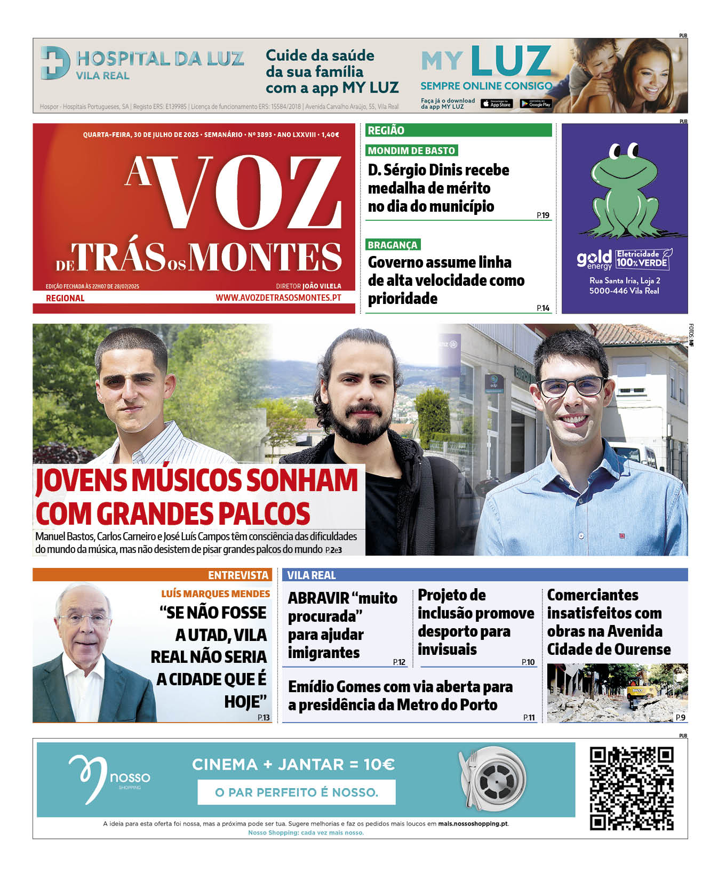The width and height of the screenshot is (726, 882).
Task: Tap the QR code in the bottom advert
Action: click(x=632, y=788)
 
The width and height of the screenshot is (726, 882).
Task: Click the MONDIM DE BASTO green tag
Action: click(x=411, y=151)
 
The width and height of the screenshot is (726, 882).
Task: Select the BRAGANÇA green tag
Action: click(x=393, y=245)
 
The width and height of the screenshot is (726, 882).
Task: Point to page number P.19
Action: click(x=543, y=215)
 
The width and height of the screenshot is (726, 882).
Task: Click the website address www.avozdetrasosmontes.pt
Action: click(x=278, y=298)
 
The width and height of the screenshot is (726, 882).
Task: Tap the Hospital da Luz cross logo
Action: click(x=55, y=62)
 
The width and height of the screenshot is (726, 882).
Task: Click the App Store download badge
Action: click(x=497, y=104)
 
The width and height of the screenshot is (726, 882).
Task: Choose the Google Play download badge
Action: click(x=536, y=104)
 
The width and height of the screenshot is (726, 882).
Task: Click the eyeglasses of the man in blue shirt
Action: click(x=571, y=386)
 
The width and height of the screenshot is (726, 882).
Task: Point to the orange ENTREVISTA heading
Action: click(x=238, y=575)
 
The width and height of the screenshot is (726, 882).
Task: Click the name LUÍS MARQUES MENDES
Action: click(x=216, y=594)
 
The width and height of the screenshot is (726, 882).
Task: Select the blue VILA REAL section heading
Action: click(x=312, y=575)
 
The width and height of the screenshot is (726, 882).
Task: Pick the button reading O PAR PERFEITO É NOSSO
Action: click(x=297, y=792)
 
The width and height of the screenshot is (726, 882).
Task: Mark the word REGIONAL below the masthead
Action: click(x=65, y=298)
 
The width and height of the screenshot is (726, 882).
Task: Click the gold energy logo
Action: click(x=594, y=260)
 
